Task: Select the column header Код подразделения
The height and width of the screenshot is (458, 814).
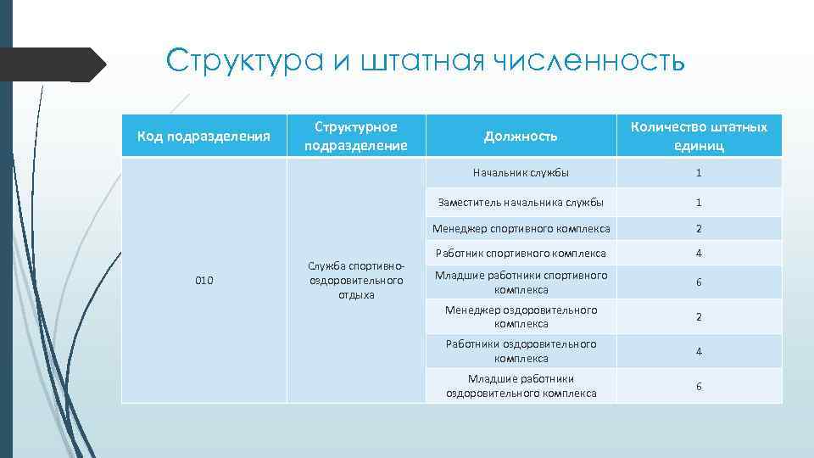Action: (204, 136)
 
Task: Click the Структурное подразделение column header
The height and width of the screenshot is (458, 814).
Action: (355, 136)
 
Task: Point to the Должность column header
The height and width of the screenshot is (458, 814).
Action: (521, 136)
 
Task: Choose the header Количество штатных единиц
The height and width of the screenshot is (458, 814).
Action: (699, 136)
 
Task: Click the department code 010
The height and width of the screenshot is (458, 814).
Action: (204, 280)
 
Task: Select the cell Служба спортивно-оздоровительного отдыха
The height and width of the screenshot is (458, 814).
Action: (355, 280)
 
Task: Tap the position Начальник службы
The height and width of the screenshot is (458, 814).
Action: (521, 173)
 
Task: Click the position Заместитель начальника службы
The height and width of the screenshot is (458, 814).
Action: (521, 203)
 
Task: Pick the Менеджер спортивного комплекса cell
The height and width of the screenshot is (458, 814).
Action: (521, 228)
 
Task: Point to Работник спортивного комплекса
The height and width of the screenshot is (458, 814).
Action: (521, 253)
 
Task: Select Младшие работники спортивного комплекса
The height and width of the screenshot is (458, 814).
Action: (521, 282)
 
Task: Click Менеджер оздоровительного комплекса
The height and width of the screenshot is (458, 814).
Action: (521, 316)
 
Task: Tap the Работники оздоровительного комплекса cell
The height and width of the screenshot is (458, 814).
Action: (521, 351)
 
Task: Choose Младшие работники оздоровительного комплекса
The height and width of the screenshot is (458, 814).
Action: (521, 386)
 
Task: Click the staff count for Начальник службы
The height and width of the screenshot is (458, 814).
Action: (699, 173)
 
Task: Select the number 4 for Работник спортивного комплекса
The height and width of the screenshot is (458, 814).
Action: (699, 253)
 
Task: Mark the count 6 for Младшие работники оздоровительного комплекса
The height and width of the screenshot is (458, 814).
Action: (699, 386)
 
